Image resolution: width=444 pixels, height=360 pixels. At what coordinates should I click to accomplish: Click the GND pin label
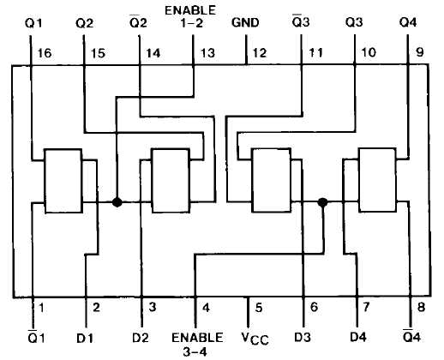(x=245, y=22)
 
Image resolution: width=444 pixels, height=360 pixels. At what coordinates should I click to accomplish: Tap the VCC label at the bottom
(x=255, y=339)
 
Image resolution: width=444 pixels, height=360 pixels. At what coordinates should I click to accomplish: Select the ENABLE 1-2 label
(x=190, y=16)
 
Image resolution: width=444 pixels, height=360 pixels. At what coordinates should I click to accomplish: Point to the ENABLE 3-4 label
(x=197, y=344)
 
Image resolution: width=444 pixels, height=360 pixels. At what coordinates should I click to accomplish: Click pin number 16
(x=45, y=53)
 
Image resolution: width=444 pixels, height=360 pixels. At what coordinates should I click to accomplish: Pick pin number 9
(x=419, y=52)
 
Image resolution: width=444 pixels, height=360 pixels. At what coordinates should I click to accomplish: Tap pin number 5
(x=259, y=308)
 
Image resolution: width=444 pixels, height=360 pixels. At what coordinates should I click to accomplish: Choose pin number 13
(x=207, y=53)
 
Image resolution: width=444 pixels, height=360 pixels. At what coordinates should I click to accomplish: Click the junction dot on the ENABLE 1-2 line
(x=117, y=202)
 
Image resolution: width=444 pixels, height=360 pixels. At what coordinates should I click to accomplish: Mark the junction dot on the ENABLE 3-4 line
(x=323, y=202)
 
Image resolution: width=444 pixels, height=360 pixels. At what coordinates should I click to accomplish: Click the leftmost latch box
(x=63, y=181)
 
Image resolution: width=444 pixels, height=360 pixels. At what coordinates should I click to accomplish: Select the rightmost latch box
(x=377, y=180)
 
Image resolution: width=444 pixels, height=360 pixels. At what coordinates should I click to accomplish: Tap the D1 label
(x=85, y=339)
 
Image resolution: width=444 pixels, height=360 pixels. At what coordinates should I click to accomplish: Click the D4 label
(x=358, y=338)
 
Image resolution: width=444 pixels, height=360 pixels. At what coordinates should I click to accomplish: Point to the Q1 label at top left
(x=33, y=23)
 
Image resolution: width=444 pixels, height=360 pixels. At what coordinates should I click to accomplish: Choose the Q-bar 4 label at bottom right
(x=411, y=336)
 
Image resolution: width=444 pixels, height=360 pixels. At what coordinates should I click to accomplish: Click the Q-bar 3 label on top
(x=301, y=21)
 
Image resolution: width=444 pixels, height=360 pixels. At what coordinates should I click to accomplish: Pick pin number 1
(x=41, y=308)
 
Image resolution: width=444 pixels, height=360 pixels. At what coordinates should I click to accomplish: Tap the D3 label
(x=303, y=338)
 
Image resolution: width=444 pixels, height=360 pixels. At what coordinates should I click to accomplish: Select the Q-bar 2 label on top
(x=138, y=21)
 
